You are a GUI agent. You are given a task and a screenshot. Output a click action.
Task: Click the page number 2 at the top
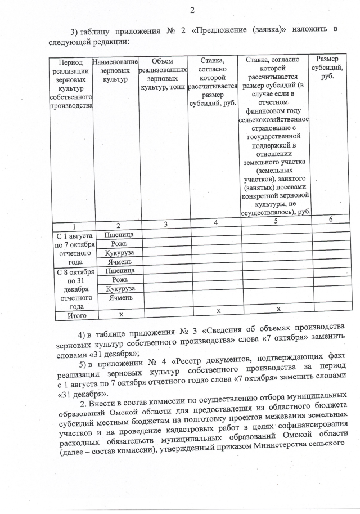[192, 10]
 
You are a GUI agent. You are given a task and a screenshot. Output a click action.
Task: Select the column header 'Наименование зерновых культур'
[115, 70]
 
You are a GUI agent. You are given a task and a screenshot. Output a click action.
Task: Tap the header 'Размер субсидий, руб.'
[328, 67]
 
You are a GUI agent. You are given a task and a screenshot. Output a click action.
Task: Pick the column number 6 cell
[330, 220]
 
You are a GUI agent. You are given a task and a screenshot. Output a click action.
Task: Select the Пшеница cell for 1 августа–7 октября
[119, 234]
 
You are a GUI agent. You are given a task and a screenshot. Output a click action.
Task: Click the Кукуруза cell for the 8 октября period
[119, 289]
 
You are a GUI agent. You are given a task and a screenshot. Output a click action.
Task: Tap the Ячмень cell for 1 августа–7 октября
[119, 262]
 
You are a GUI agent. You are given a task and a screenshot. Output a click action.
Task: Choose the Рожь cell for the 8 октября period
[119, 280]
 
